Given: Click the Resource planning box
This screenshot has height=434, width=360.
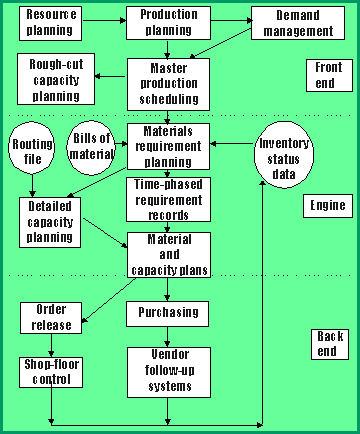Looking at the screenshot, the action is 50,24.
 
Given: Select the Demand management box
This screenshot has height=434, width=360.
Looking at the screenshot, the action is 298,23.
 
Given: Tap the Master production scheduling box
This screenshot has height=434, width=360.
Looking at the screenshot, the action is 168,84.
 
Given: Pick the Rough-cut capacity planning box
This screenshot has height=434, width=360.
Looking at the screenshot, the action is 56,79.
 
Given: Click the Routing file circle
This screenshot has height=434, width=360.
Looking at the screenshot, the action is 32,148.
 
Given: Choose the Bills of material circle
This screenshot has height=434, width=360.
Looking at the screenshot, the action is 91,148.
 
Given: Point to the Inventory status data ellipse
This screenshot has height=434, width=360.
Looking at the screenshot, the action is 284,155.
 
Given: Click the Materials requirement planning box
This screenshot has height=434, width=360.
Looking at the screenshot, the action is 168,147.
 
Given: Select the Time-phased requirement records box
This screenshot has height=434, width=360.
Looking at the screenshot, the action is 168,199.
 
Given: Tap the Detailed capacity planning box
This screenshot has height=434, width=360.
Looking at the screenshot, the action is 50,222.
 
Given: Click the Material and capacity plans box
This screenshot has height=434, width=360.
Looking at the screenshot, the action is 169,255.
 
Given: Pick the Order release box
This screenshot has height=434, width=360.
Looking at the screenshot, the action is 51,318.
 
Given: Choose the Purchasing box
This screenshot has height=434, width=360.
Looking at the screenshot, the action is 167,314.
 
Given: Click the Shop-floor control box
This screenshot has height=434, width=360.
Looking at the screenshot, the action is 51,372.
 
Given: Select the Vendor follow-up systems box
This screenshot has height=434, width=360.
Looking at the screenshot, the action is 169,372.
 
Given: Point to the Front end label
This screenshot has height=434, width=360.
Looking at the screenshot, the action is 329,75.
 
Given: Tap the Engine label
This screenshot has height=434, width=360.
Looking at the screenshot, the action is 328,206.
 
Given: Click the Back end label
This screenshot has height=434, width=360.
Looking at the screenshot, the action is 330,344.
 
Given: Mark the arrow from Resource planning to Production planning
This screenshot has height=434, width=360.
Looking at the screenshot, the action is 104,21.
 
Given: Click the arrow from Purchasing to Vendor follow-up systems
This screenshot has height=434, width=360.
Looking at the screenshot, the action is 167,337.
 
